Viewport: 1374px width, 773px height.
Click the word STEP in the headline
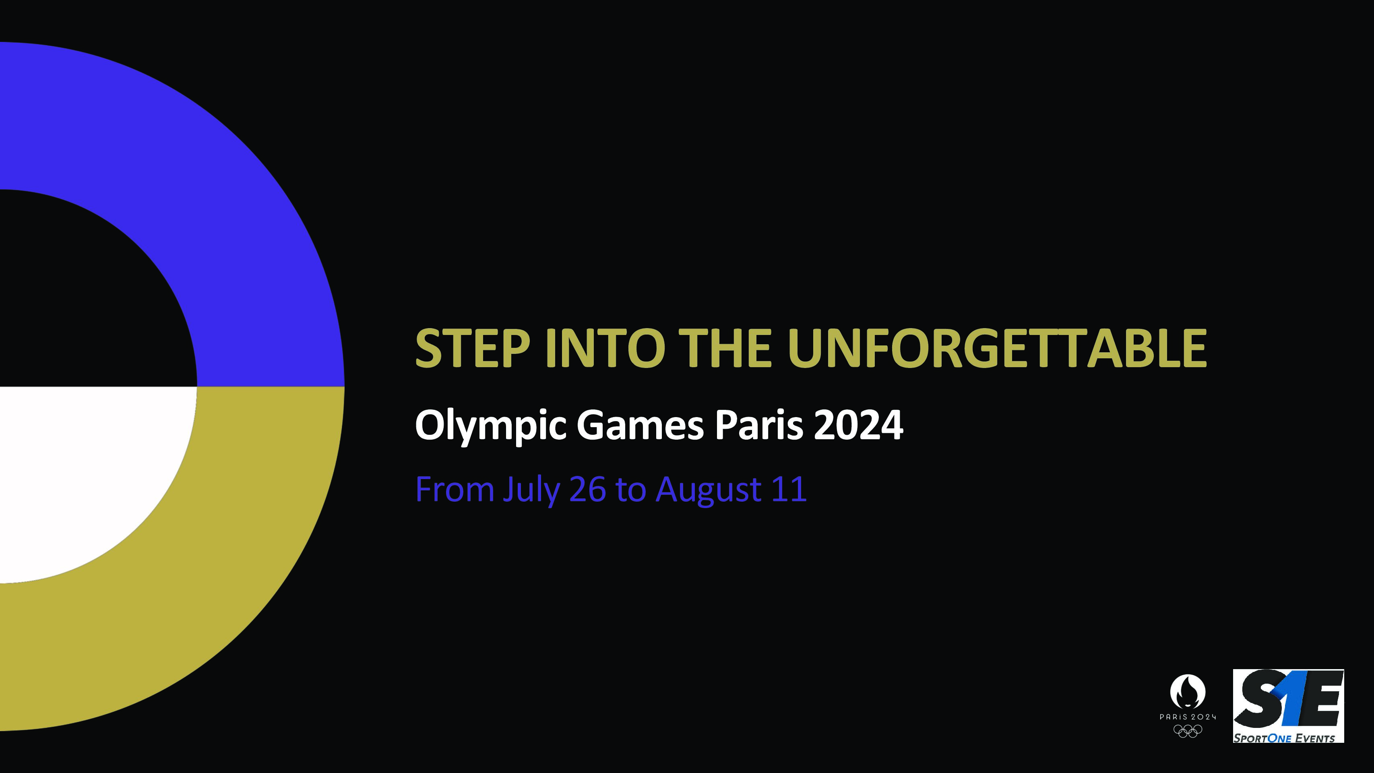pos(473,348)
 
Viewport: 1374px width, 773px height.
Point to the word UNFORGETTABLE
pos(997,348)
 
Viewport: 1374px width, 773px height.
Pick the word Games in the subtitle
pos(641,425)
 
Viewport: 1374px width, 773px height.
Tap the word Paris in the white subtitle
pos(759,425)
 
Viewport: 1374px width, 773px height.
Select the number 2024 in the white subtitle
pos(858,425)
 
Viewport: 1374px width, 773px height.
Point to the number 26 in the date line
pos(588,489)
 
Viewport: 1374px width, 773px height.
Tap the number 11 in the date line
pos(789,489)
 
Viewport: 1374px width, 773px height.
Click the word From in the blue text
pos(455,489)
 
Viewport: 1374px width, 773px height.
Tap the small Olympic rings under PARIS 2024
pos(1188,731)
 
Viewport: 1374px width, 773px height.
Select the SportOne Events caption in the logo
pos(1284,738)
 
